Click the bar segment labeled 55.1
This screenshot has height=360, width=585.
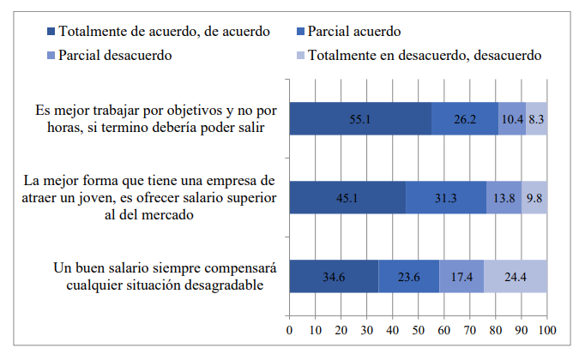click(x=360, y=118)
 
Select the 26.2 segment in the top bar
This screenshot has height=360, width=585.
click(x=464, y=118)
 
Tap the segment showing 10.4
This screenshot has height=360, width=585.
click(x=511, y=118)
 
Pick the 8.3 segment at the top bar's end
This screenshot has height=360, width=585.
click(x=536, y=118)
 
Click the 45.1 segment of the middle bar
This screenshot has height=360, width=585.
click(x=347, y=197)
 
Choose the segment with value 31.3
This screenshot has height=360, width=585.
click(x=445, y=197)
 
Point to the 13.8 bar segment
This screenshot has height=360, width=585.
click(x=504, y=197)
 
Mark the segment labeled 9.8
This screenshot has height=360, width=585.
click(x=534, y=197)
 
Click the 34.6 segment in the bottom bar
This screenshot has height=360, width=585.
click(x=334, y=276)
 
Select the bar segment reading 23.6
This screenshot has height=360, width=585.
click(x=408, y=276)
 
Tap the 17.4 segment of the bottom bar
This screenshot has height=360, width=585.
click(x=461, y=276)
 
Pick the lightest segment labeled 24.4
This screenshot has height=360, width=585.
click(x=516, y=276)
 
